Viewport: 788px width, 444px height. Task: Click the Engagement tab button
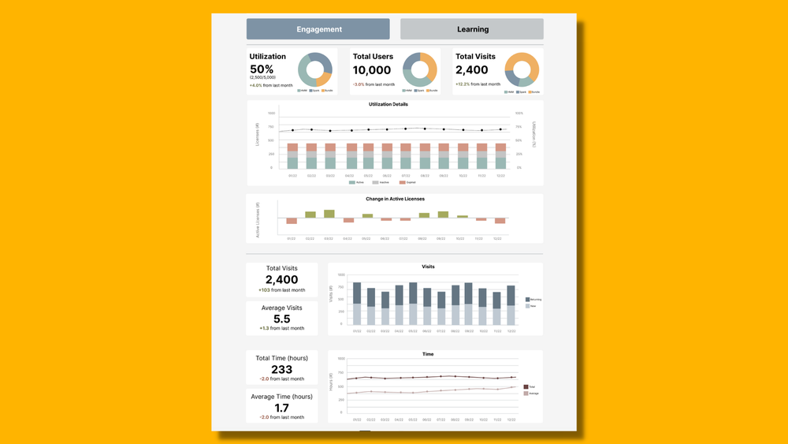pyautogui.click(x=318, y=29)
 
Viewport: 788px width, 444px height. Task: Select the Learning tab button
pyautogui.click(x=472, y=29)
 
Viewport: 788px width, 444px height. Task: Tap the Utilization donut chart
pyautogui.click(x=315, y=69)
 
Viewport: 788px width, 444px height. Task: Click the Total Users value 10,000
pyautogui.click(x=372, y=70)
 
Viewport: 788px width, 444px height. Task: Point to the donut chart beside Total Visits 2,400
pyautogui.click(x=522, y=69)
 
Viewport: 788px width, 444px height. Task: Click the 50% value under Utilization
pyautogui.click(x=262, y=69)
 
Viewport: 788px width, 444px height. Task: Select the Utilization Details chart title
pyautogui.click(x=388, y=104)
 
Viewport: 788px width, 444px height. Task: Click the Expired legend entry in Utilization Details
pyautogui.click(x=409, y=182)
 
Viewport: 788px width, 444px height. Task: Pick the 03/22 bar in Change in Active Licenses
pyautogui.click(x=329, y=214)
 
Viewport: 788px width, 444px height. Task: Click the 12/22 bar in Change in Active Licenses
pyautogui.click(x=500, y=221)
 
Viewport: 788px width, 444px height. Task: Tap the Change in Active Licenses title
pyautogui.click(x=394, y=199)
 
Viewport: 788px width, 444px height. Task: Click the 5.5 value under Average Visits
pyautogui.click(x=281, y=319)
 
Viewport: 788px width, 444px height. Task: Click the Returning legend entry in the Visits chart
pyautogui.click(x=533, y=300)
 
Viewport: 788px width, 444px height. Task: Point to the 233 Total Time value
pyautogui.click(x=281, y=369)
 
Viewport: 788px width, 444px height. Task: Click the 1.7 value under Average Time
pyautogui.click(x=281, y=408)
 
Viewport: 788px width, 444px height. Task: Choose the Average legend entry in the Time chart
pyautogui.click(x=532, y=393)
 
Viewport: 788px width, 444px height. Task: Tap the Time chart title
pyautogui.click(x=428, y=354)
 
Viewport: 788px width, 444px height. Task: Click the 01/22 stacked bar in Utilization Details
pyautogui.click(x=292, y=156)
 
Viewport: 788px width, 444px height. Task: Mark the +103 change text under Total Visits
pyautogui.click(x=281, y=290)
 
